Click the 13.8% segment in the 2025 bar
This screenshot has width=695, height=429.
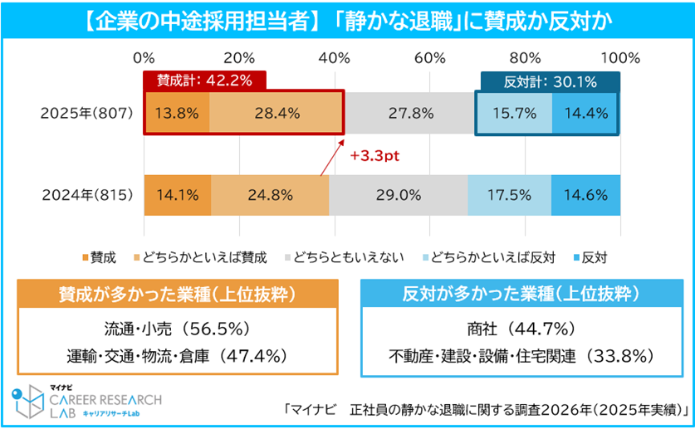pyautogui.click(x=177, y=114)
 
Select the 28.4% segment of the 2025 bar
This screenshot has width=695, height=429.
pyautogui.click(x=276, y=114)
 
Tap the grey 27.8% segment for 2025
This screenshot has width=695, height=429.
pyautogui.click(x=409, y=114)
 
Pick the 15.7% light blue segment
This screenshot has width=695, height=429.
pyautogui.click(x=513, y=114)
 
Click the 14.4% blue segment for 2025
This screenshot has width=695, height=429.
pyautogui.click(x=585, y=114)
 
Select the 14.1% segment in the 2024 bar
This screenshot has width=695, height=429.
pyautogui.click(x=178, y=196)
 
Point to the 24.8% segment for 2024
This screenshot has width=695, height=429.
pyautogui.click(x=270, y=196)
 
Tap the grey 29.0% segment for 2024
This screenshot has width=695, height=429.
pyautogui.click(x=398, y=196)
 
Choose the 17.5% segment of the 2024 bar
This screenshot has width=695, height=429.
pyautogui.click(x=509, y=196)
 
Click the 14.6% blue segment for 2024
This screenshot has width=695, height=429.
pyautogui.click(x=585, y=196)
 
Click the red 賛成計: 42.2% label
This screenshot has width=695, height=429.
pyautogui.click(x=205, y=80)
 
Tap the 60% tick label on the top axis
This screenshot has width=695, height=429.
pyautogui.click(x=431, y=58)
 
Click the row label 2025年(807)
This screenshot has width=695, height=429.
pyautogui.click(x=86, y=114)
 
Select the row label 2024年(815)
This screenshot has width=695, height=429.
pyautogui.click(x=86, y=196)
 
